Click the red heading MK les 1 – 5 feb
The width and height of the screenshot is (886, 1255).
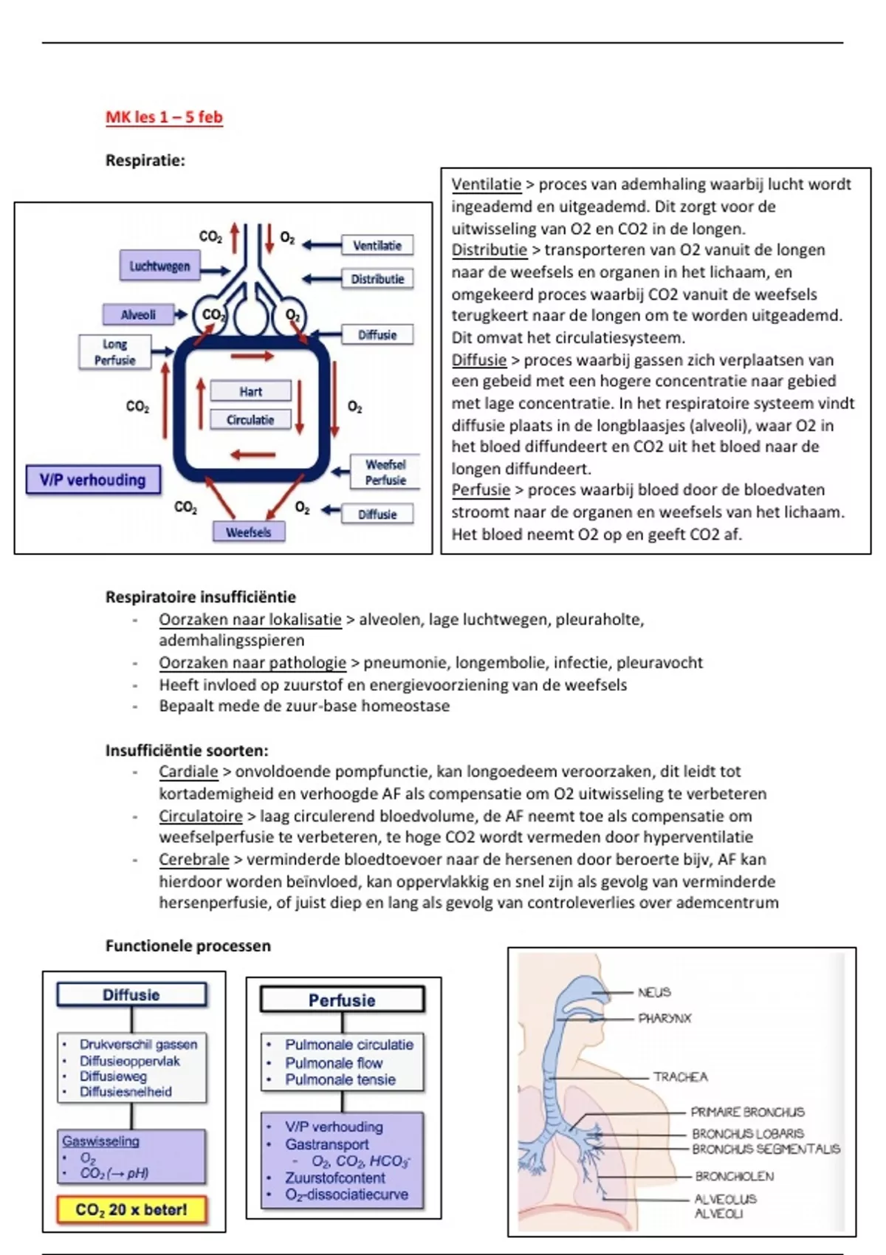(164, 117)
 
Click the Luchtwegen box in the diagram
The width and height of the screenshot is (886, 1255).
(159, 266)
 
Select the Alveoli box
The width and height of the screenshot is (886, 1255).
(138, 314)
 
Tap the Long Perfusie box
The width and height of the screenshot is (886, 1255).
(114, 352)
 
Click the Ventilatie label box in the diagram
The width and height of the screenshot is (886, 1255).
(377, 246)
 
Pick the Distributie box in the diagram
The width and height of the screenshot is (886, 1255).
(377, 279)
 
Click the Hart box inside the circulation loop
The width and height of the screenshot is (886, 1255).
(250, 391)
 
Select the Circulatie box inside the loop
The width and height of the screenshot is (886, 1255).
(250, 420)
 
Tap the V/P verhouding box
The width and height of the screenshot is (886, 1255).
(93, 480)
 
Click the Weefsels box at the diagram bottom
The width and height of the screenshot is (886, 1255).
(249, 532)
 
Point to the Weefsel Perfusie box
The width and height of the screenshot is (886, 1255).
(385, 472)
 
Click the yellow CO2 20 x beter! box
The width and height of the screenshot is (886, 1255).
(131, 1210)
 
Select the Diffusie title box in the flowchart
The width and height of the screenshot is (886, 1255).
(131, 995)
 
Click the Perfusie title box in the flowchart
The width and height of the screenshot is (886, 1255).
(342, 1000)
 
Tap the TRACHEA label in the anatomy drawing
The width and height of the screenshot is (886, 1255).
(680, 1077)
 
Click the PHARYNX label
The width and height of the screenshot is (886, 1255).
(664, 1018)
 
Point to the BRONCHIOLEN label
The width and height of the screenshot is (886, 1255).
(734, 1176)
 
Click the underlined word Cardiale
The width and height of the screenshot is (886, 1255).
(188, 772)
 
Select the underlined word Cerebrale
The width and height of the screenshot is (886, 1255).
(194, 859)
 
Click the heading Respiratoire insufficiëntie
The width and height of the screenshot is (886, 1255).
(201, 597)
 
